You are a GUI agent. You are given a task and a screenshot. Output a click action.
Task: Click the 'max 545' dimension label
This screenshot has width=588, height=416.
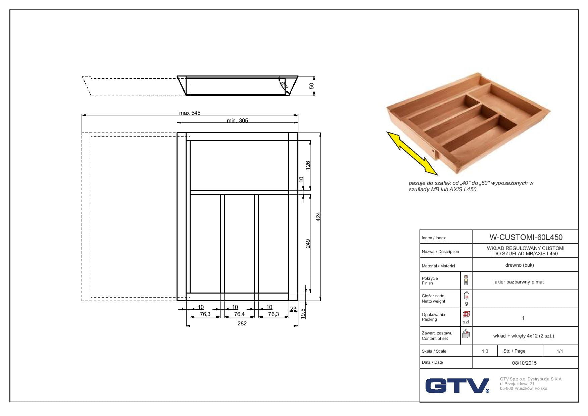[190, 113]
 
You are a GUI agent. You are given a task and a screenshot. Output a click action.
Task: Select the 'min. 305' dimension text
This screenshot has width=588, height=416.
[237, 120]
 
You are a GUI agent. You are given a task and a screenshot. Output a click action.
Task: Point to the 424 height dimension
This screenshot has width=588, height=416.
[319, 216]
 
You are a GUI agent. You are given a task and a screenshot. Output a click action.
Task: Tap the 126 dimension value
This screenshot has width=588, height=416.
[308, 165]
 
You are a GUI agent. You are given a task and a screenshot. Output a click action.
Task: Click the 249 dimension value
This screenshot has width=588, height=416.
[308, 244]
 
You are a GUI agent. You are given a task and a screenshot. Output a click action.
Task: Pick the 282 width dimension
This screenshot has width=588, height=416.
[242, 323]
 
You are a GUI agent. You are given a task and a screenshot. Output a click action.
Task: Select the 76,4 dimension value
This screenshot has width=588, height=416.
[239, 314]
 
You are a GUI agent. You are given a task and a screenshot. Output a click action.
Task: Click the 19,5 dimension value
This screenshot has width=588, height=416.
[303, 314]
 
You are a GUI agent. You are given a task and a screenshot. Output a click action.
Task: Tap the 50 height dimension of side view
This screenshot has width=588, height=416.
[311, 86]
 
